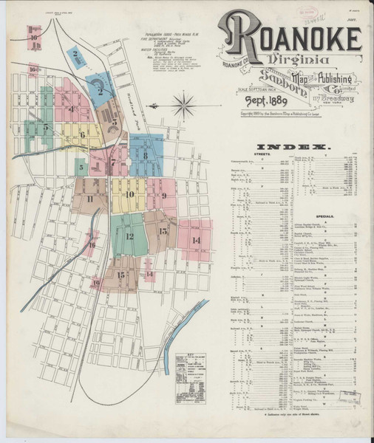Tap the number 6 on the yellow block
83,134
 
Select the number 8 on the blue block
146,155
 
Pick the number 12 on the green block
129,236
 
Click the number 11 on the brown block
89,199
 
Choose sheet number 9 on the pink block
163,196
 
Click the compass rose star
183,105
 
